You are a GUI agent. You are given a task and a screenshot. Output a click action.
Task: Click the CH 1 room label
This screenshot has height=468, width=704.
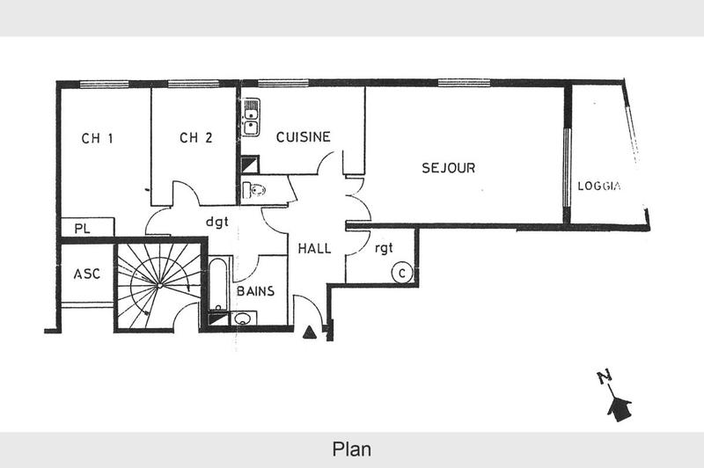click(98, 138)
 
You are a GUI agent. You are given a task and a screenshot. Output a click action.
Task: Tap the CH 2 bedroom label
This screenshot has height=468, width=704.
click(195, 137)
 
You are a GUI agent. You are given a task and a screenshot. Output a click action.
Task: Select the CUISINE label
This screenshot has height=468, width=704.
click(303, 136)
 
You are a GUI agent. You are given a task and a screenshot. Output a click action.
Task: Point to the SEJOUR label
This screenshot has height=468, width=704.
click(448, 168)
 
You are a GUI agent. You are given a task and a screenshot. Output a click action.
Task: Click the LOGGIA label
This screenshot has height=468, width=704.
click(600, 186)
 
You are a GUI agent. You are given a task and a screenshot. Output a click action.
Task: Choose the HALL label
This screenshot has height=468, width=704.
click(314, 249)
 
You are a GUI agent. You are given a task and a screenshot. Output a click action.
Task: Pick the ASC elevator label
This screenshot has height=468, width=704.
click(86, 274)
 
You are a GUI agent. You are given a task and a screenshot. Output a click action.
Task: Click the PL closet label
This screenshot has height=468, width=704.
click(83, 229)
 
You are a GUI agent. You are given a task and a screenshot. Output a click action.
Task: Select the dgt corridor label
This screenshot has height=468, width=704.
click(216, 223)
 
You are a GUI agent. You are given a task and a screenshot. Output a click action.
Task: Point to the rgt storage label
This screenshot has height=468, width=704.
click(385, 249)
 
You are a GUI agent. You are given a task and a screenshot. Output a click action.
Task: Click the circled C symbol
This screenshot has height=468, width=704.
click(401, 273)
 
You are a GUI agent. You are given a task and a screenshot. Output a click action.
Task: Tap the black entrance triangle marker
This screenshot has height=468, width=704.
click(310, 333)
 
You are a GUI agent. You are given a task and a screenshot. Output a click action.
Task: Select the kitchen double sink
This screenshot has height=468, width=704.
click(252, 117)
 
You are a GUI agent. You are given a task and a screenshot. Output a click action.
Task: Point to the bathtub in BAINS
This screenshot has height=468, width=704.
click(218, 286)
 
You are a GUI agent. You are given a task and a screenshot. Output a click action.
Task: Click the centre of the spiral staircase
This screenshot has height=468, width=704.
click(158, 284)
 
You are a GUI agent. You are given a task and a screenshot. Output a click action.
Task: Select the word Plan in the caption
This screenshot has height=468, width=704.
click(351, 449)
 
